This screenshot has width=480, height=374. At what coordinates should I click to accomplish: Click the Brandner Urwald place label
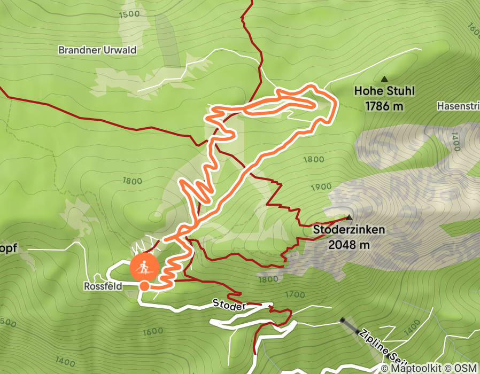(97, 50)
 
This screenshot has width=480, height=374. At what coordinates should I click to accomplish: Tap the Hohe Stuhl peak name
(384, 91)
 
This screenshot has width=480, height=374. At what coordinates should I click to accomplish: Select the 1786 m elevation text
(384, 106)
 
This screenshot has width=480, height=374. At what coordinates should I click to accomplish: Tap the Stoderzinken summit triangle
(349, 217)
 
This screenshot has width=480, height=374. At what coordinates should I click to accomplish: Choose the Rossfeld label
(103, 286)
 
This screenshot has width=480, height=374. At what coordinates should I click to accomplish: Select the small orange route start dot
(144, 286)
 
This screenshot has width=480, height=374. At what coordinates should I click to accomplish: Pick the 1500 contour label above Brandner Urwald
(130, 14)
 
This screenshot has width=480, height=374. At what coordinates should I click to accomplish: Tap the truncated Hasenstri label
(458, 106)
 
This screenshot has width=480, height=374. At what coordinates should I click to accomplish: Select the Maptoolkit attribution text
(420, 369)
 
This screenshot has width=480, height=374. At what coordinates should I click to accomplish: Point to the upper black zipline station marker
(342, 320)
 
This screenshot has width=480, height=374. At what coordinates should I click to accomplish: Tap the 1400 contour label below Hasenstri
(455, 142)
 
